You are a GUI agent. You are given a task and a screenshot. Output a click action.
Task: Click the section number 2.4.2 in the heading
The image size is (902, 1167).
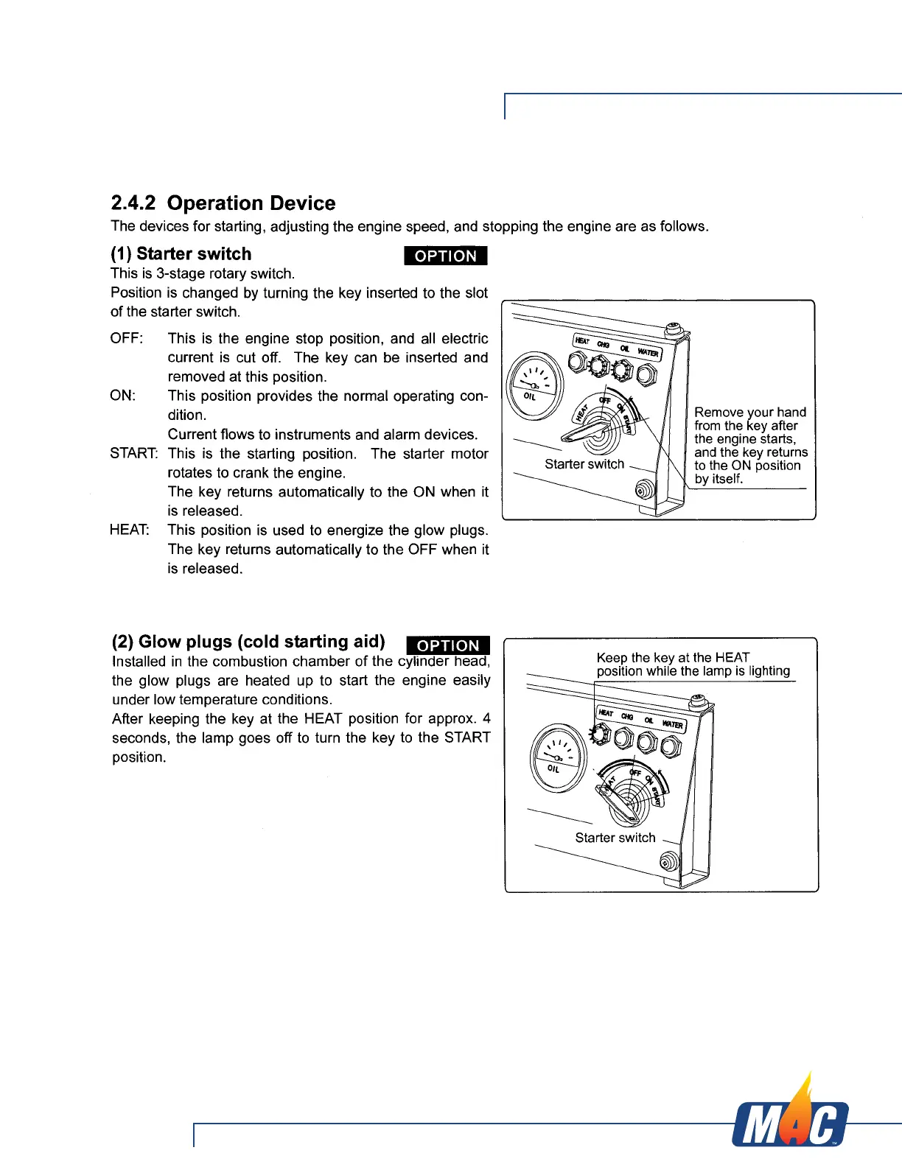(133, 203)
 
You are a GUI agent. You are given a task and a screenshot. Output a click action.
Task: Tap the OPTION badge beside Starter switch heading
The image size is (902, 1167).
(446, 256)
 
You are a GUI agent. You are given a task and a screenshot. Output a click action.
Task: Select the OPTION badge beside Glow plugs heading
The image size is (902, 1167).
(448, 645)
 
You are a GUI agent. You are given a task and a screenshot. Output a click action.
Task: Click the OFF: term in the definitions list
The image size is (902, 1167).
(127, 338)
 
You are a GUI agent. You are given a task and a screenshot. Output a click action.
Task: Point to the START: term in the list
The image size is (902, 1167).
(133, 453)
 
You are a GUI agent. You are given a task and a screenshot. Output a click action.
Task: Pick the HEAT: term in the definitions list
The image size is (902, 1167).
(129, 530)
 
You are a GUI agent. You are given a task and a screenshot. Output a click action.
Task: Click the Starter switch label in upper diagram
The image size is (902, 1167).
(584, 464)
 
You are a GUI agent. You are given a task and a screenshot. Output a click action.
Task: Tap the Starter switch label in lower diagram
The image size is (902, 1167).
(615, 838)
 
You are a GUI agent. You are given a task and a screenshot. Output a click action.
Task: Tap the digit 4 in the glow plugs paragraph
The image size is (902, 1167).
(486, 718)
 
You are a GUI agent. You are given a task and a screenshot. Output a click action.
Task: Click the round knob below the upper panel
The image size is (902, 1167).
(645, 489)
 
